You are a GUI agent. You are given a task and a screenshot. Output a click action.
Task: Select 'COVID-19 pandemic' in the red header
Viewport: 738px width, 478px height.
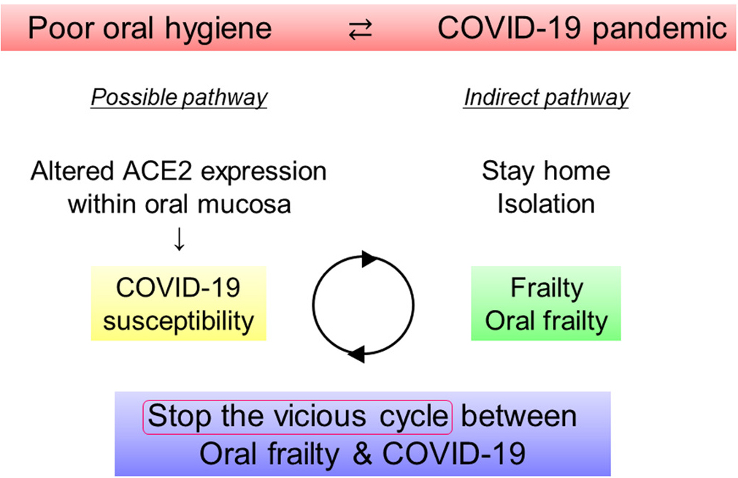tap(582, 29)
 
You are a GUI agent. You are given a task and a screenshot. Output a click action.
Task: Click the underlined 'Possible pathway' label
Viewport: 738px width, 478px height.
tap(179, 97)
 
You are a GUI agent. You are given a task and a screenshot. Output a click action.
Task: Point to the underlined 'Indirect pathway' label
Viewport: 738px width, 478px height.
tap(546, 97)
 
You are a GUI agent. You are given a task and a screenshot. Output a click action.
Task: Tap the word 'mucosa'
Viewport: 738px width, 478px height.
tap(247, 203)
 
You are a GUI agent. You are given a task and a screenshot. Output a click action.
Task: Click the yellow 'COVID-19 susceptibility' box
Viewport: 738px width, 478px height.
tap(179, 303)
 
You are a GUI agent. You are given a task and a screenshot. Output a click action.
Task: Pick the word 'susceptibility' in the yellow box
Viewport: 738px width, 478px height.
tap(179, 320)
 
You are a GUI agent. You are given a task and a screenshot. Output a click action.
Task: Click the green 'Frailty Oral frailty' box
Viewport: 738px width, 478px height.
tap(546, 303)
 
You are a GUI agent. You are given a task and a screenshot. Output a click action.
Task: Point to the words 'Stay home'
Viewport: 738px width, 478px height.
tap(546, 172)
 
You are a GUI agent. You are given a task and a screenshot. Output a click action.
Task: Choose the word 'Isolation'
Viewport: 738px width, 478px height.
tap(546, 203)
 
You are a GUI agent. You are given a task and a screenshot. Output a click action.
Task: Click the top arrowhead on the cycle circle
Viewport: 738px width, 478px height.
tap(369, 258)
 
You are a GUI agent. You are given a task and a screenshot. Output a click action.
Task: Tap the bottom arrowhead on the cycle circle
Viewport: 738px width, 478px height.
tap(355, 354)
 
